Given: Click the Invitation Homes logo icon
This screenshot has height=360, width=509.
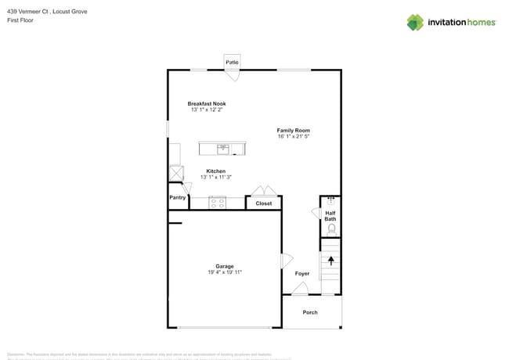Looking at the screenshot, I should pyautogui.click(x=414, y=22).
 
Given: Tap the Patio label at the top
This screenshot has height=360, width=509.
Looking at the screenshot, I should pyautogui.click(x=232, y=62).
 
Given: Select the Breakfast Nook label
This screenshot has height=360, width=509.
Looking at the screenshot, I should pyautogui.click(x=207, y=103).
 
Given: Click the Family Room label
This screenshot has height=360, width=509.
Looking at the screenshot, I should pyautogui.click(x=294, y=130).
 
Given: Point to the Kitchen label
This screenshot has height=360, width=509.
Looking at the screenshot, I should pyautogui.click(x=215, y=171).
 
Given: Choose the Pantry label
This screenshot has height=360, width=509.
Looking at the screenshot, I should pyautogui.click(x=178, y=198).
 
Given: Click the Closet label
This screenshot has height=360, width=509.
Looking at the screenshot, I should pyautogui.click(x=263, y=203).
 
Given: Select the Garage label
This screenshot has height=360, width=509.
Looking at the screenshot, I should pyautogui.click(x=225, y=266).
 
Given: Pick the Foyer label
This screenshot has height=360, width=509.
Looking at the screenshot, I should pyautogui.click(x=302, y=274).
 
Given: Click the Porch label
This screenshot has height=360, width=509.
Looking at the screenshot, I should pyautogui.click(x=310, y=312).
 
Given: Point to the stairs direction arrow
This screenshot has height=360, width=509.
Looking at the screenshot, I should pyautogui.click(x=330, y=261).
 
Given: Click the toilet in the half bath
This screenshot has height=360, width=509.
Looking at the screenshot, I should pyautogui.click(x=331, y=229).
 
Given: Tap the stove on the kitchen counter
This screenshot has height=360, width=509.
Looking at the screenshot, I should pyautogui.click(x=218, y=203).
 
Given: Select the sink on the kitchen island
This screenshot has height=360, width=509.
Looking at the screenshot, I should pyautogui.click(x=223, y=148).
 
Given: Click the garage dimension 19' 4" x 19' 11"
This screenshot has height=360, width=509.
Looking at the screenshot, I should pyautogui.click(x=225, y=272).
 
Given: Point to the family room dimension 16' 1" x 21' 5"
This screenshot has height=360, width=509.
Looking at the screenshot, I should pyautogui.click(x=294, y=136).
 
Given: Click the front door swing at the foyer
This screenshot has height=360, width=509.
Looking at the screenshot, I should pyautogui.click(x=300, y=289).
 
